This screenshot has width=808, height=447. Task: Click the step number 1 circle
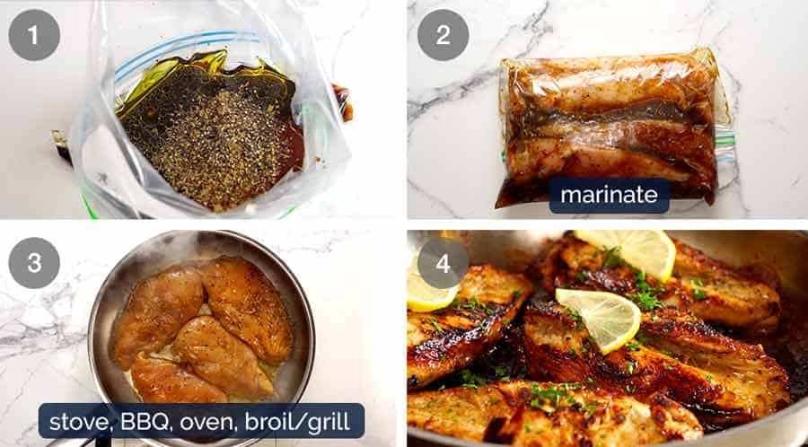(34, 35)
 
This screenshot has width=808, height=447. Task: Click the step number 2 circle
(443, 35)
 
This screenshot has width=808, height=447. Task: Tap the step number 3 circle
(34, 263)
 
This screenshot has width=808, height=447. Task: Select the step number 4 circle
(443, 263)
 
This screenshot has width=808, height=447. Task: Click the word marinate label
(609, 195)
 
